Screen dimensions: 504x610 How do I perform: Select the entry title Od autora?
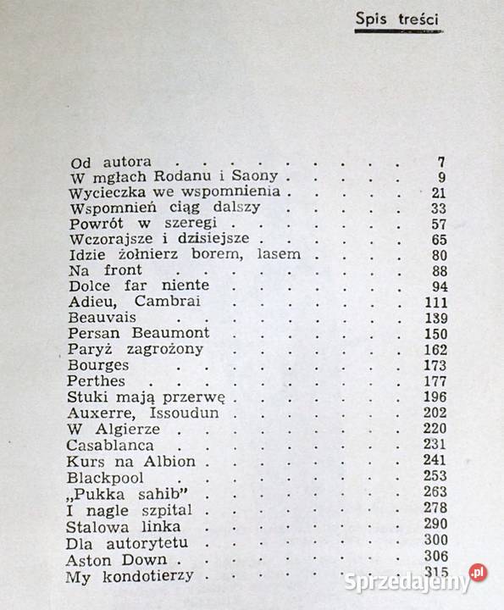[110, 162]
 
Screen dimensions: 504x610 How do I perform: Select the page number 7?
[440, 162]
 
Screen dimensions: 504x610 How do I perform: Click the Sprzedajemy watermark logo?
[414, 579]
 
